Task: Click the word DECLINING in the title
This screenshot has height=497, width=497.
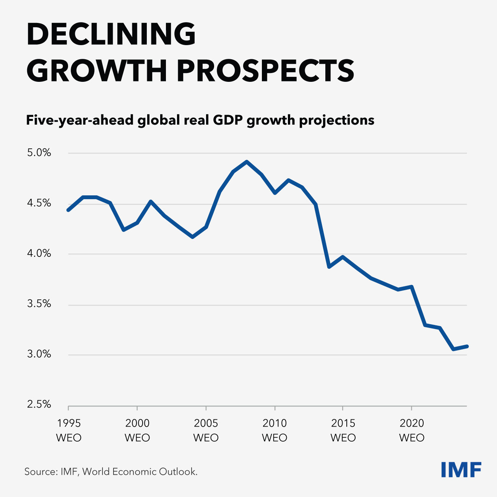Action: (111, 34)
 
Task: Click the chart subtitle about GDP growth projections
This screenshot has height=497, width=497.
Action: (200, 120)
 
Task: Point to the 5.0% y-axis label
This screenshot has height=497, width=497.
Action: (39, 153)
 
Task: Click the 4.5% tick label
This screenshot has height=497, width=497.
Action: (39, 203)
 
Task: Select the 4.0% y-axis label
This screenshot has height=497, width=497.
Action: (39, 253)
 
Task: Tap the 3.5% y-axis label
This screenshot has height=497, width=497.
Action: (39, 304)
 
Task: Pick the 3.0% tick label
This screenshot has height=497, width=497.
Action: (39, 354)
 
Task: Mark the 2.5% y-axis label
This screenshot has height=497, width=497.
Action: (39, 404)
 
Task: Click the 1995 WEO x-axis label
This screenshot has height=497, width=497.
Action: (69, 430)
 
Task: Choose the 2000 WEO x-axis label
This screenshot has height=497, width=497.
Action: (137, 430)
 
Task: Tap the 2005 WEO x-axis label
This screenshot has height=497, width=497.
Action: (206, 430)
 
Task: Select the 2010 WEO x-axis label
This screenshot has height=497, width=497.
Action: (274, 430)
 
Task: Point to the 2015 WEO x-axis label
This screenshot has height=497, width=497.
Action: (343, 430)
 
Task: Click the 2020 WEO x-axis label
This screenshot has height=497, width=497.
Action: (412, 430)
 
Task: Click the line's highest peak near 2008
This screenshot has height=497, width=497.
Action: (247, 162)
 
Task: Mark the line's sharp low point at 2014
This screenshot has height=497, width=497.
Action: (329, 267)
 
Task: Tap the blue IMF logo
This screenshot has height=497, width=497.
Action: (461, 470)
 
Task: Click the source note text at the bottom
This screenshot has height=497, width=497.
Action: (111, 472)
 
